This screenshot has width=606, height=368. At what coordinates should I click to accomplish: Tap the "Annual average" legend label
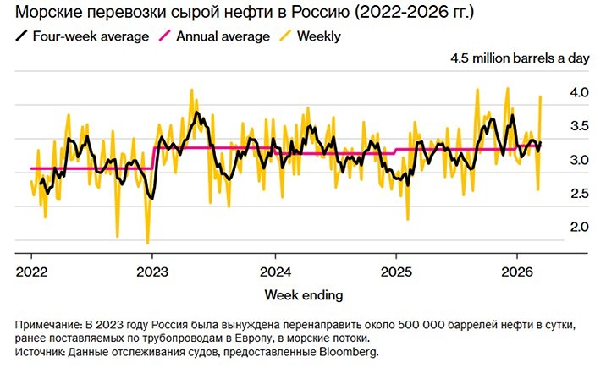(x=223, y=36)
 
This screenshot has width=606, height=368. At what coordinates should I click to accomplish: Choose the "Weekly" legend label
(x=319, y=36)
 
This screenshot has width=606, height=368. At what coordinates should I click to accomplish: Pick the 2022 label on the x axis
(x=31, y=272)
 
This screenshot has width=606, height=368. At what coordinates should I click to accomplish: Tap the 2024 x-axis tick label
(x=274, y=272)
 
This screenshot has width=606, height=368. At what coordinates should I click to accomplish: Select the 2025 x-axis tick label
(x=396, y=272)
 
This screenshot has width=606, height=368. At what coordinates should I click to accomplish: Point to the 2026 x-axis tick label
(x=517, y=272)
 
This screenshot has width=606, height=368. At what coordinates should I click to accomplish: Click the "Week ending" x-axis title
(x=304, y=294)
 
